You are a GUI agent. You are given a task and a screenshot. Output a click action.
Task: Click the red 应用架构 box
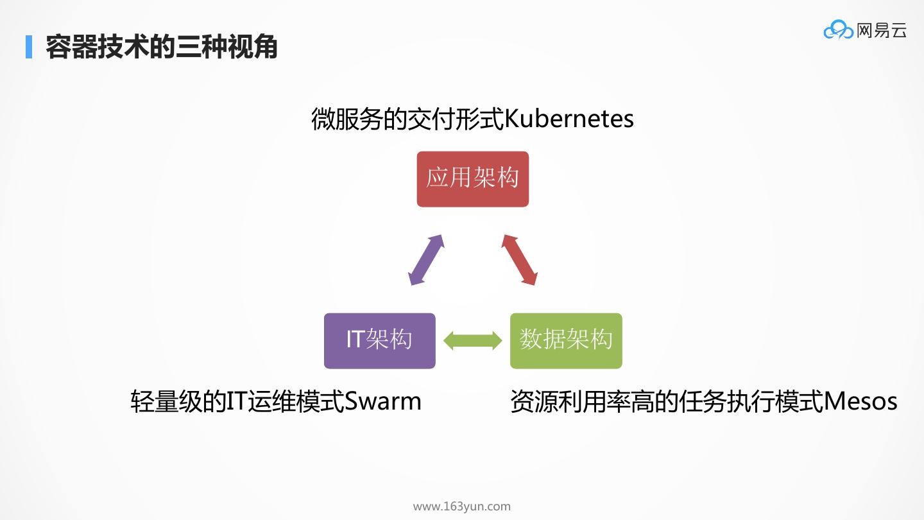click(472, 179)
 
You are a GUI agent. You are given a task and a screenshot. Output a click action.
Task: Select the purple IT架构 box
click(379, 340)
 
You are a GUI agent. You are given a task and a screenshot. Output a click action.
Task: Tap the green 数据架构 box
click(566, 340)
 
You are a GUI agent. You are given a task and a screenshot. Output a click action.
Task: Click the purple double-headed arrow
click(427, 259)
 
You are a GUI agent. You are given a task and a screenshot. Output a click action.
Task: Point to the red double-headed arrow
click(519, 259)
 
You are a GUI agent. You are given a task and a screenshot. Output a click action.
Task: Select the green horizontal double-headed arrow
click(473, 340)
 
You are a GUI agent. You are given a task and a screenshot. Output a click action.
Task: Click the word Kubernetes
click(569, 119)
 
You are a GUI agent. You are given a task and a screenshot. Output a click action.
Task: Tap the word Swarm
click(383, 402)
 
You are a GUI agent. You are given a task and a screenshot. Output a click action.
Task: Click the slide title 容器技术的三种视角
click(161, 48)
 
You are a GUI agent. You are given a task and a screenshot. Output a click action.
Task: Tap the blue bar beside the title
click(29, 47)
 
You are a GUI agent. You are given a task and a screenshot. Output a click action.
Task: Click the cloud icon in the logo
click(838, 30)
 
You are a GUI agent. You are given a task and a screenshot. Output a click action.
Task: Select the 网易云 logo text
click(882, 30)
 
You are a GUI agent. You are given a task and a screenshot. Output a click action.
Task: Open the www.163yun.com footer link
click(461, 507)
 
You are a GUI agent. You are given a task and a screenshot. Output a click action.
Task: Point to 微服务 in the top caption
click(343, 119)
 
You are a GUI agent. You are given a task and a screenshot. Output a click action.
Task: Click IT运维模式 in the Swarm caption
click(286, 402)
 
